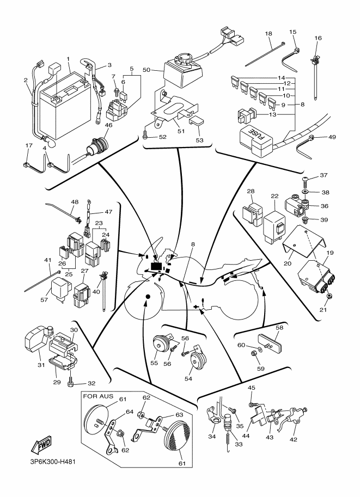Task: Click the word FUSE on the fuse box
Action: tap(255, 135)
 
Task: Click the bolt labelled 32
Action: tap(71, 383)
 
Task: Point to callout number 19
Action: tap(330, 253)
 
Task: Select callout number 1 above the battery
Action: tap(69, 58)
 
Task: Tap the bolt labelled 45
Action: tap(252, 404)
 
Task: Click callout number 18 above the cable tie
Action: tap(269, 34)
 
